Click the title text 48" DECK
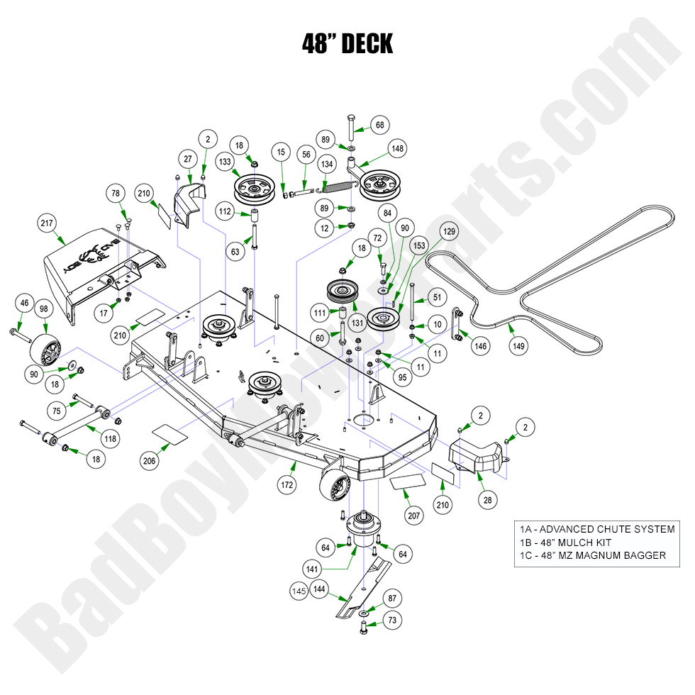(347, 43)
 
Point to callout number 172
(288, 486)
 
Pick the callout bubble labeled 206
(149, 461)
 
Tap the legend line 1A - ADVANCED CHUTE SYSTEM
(596, 529)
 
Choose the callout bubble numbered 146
(482, 345)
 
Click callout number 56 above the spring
(306, 154)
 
